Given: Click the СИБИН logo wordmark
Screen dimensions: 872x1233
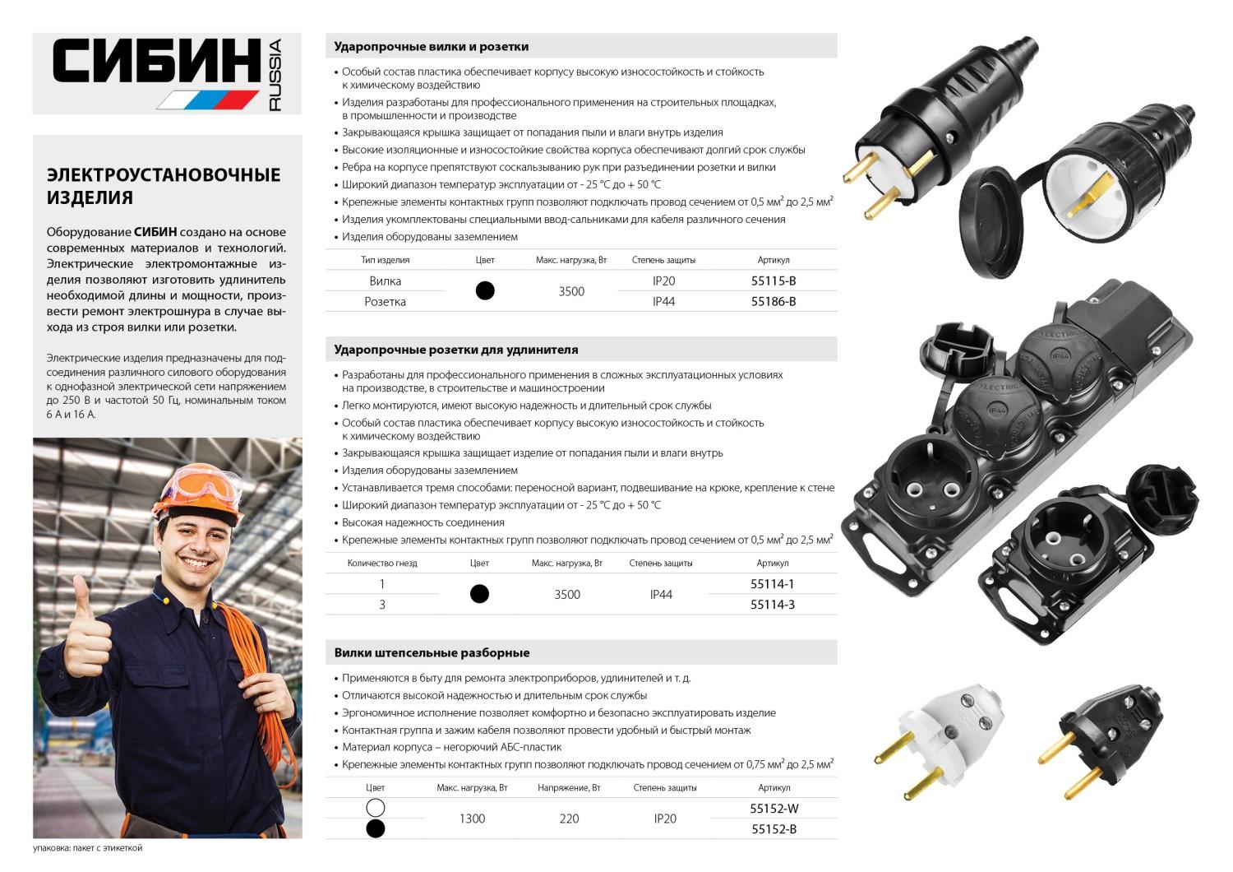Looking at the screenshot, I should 156,63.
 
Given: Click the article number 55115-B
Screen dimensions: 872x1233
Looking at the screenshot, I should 773,281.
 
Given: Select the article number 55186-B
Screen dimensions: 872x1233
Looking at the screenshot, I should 773,301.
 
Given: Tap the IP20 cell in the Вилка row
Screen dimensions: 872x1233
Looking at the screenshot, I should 663,281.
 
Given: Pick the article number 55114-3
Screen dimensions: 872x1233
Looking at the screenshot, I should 772,605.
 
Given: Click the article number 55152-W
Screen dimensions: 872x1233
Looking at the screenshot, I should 774,809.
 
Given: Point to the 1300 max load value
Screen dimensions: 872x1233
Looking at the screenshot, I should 472,819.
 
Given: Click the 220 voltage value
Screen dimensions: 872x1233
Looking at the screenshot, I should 569,819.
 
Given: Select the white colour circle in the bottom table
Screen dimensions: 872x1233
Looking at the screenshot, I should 375,808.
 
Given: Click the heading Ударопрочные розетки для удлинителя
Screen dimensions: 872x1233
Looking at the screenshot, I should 455,350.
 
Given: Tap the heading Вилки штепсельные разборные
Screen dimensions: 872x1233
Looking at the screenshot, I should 432,652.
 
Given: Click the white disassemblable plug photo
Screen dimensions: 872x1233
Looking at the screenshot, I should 941,736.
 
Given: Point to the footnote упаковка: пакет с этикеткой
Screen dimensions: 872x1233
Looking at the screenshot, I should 88,847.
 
